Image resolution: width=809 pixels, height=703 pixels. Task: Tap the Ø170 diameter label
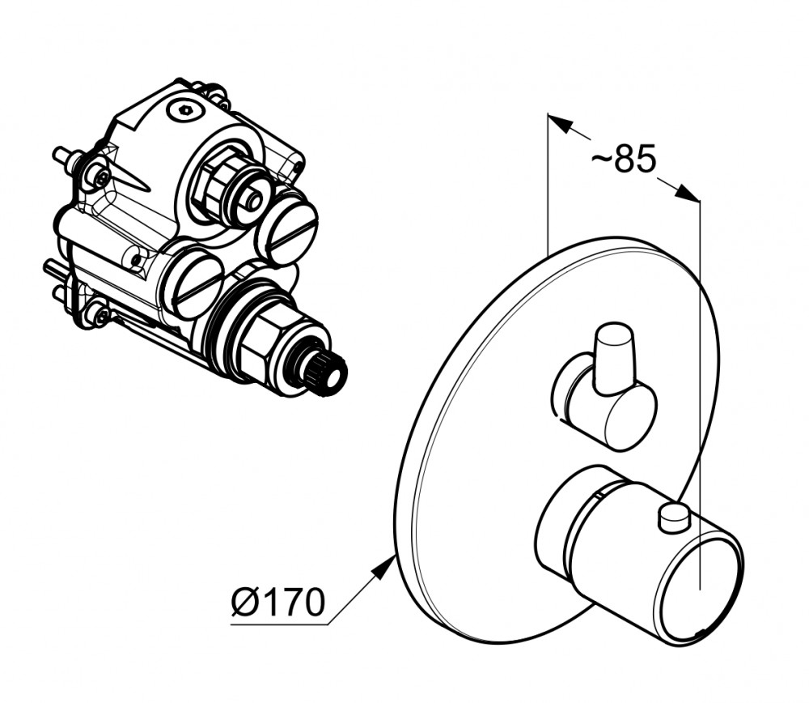click(278, 601)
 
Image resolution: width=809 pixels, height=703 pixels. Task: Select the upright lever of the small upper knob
click(614, 356)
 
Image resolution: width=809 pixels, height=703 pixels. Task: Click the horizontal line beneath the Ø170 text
click(279, 625)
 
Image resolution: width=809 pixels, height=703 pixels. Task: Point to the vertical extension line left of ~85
click(547, 184)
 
